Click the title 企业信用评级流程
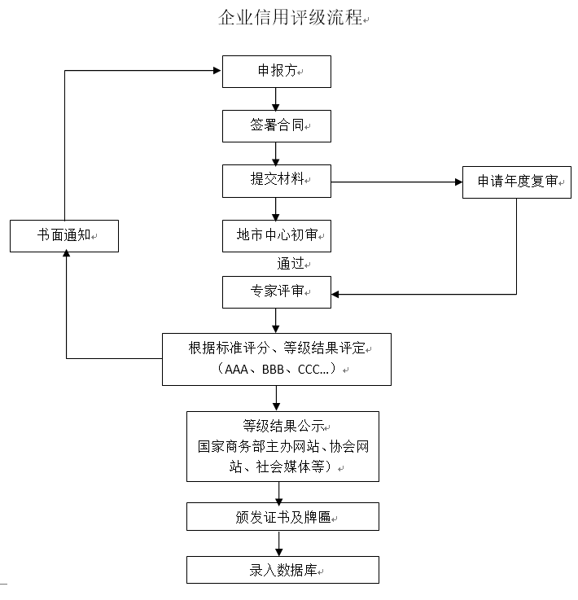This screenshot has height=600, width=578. coord(290,17)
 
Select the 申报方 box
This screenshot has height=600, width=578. coord(277,72)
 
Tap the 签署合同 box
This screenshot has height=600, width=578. coord(277,126)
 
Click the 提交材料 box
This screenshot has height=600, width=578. coord(277,180)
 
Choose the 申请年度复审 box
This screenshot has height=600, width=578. coord(517,182)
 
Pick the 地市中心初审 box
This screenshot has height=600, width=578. coord(277,235)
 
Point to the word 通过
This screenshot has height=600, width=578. coord(291,263)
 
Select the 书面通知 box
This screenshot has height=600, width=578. coord(64,235)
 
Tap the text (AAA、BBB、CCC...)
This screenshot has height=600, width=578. coord(277,370)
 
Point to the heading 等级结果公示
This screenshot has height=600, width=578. coord(282,426)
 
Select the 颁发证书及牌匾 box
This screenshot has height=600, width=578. coord(282,516)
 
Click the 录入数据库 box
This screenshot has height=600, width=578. coord(282,570)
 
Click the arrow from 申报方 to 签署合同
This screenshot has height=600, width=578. coord(277,99)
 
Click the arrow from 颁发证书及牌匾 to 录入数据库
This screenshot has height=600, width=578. coord(279,543)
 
